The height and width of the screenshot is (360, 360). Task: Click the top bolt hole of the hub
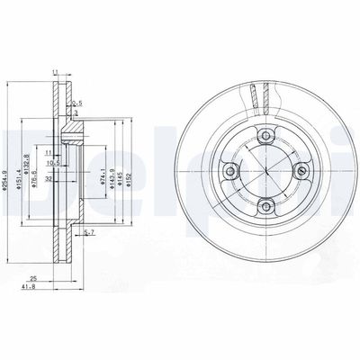268,139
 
